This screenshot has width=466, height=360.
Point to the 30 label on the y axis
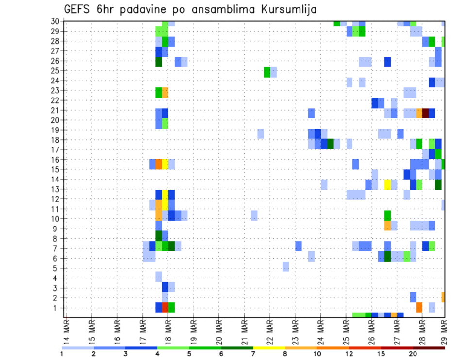click(55, 21)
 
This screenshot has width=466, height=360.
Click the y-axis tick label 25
click(55, 71)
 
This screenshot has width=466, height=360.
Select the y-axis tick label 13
click(55, 189)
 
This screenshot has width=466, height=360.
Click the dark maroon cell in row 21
click(426, 113)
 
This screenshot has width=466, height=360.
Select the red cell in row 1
click(165, 308)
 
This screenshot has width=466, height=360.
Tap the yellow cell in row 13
click(387, 184)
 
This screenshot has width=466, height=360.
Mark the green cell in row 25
click(267, 72)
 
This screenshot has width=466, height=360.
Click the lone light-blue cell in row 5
click(285, 266)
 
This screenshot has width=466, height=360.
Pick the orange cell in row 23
click(165, 92)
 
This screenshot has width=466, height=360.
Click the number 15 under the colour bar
click(381, 354)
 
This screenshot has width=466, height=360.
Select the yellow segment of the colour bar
click(269, 348)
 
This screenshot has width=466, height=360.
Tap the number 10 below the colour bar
click(317, 354)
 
